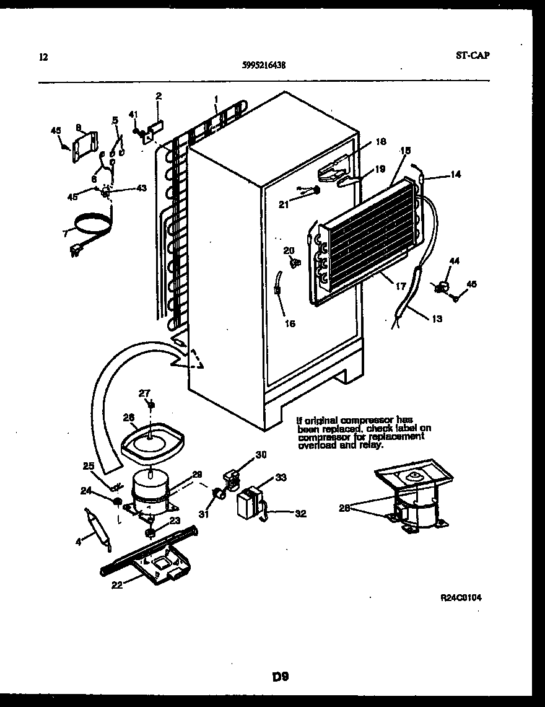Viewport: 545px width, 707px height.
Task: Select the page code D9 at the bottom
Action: coord(281,676)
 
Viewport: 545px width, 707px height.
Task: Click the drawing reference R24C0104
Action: coord(461,597)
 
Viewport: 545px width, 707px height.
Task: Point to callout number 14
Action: coord(455,175)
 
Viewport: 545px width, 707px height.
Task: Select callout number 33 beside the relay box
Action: coord(281,478)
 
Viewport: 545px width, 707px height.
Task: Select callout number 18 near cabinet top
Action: coord(381,142)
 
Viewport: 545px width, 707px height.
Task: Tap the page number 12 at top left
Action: coord(43,58)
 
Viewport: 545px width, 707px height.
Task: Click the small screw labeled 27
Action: coord(150,405)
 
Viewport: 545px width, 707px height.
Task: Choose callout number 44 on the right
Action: coord(455,262)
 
